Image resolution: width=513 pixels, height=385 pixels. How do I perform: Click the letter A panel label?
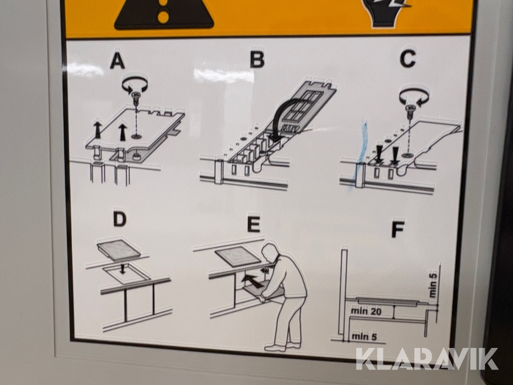click(x=117, y=61)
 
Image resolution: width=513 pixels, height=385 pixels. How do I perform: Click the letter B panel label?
click(x=257, y=59)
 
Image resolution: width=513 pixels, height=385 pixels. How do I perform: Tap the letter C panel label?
click(x=408, y=59)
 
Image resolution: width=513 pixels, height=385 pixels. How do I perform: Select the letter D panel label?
click(x=120, y=218)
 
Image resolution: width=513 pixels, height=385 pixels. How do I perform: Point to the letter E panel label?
click(x=254, y=224)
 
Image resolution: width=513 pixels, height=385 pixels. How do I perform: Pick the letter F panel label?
click(x=398, y=229)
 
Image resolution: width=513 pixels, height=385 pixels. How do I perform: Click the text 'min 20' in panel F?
click(x=367, y=311)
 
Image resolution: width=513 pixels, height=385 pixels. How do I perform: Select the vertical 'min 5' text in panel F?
click(x=433, y=285)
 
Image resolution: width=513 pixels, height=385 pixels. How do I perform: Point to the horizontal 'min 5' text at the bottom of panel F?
click(x=364, y=336)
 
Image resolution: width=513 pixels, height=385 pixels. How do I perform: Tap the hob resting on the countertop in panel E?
click(x=238, y=256)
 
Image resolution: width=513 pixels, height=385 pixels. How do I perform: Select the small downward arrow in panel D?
click(x=123, y=269)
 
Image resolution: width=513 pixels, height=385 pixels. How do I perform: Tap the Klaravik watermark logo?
click(x=426, y=359)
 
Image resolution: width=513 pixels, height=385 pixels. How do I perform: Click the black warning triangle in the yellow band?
click(x=164, y=14)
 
